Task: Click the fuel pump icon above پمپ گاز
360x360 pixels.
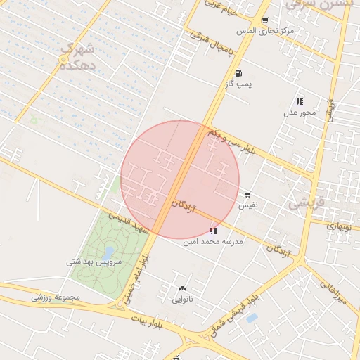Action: point(238,73)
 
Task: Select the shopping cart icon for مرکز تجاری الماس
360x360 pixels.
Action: point(264,20)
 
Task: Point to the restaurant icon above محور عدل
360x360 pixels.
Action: point(300,101)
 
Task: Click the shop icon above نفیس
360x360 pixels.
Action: point(247,195)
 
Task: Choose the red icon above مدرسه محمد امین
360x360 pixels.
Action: point(213,231)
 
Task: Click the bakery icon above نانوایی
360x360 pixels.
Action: point(183,288)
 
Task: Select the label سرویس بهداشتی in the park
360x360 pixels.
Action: point(94,262)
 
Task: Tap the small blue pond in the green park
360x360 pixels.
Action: point(108,251)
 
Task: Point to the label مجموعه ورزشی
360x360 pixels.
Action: point(56,297)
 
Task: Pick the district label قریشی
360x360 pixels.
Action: point(307,202)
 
